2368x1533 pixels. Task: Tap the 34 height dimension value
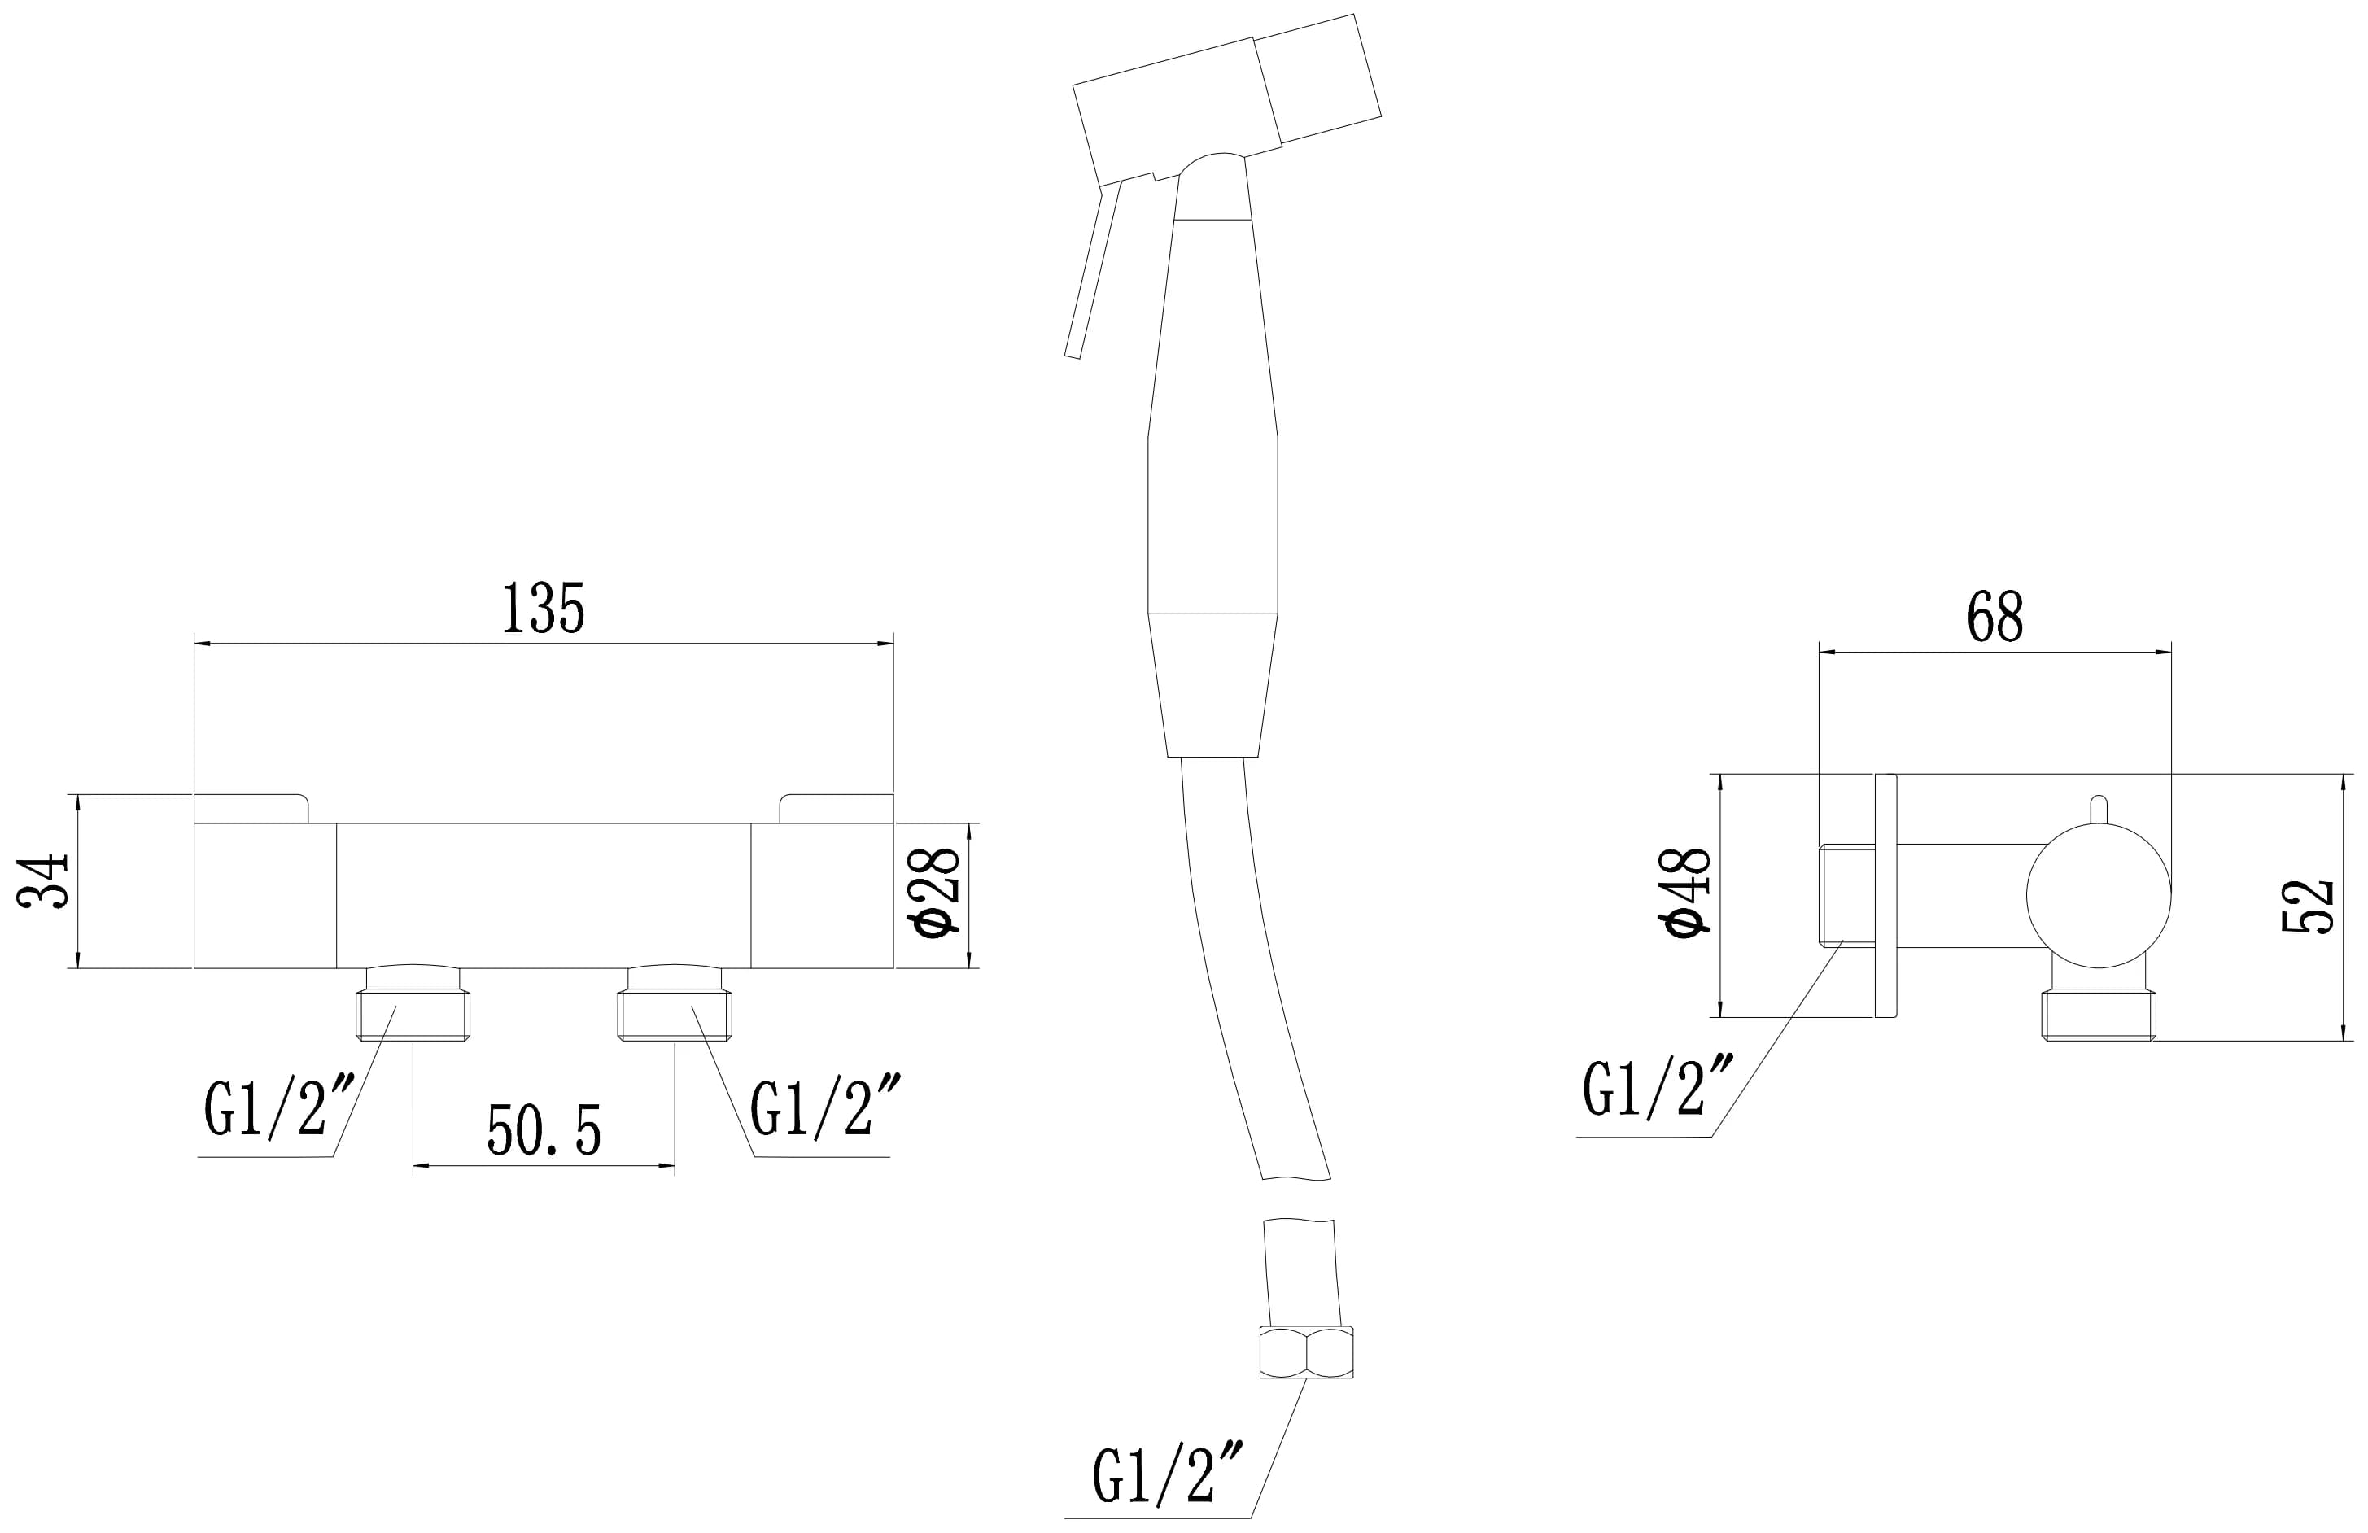45,880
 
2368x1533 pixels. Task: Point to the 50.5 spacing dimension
544,1130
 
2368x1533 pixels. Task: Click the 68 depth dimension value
1994,617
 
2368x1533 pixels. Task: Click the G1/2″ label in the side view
1658,1089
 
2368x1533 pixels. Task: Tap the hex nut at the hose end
1305,1352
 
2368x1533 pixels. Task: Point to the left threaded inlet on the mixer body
413,1013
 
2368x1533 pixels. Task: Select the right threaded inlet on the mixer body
675,1013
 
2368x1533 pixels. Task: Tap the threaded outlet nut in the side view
2099,1015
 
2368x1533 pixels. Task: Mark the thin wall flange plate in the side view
1885,895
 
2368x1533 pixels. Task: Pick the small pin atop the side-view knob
2099,810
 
